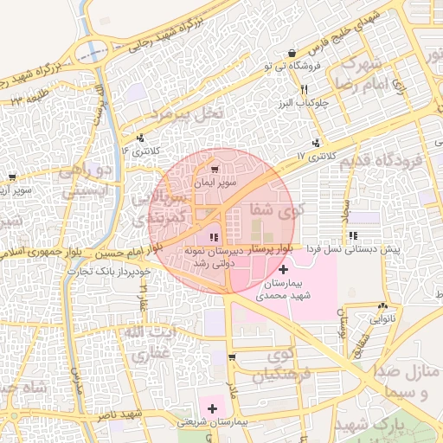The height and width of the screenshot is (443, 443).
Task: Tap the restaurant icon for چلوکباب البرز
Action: pyautogui.click(x=304, y=90)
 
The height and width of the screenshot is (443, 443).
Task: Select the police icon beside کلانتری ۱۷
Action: pyautogui.click(x=317, y=143)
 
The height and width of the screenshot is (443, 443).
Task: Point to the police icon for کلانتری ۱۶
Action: pyautogui.click(x=141, y=138)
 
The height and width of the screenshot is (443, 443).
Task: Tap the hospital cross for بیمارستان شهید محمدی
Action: pyautogui.click(x=283, y=271)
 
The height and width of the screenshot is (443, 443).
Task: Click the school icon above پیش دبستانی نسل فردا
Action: pyautogui.click(x=352, y=235)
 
